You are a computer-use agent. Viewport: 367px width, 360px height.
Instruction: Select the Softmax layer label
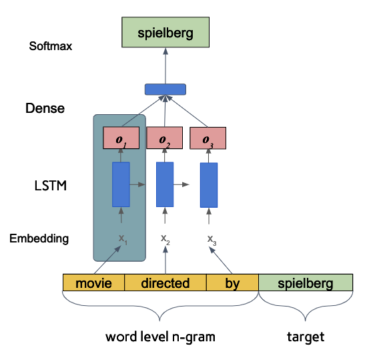[50, 47]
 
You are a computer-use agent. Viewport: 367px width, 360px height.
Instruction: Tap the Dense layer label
[45, 108]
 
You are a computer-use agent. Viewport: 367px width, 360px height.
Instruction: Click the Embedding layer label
[39, 238]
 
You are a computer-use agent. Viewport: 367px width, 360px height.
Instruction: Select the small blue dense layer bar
[165, 89]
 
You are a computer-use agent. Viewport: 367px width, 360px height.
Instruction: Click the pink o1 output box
[121, 138]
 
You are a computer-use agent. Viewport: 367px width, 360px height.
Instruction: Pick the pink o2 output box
[164, 138]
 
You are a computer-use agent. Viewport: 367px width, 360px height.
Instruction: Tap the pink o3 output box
[208, 138]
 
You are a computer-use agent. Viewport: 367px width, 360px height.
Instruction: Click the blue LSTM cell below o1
[121, 184]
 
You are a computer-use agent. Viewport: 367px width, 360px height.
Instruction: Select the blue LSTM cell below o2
[165, 184]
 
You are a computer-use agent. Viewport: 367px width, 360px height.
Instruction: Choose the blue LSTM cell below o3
[209, 184]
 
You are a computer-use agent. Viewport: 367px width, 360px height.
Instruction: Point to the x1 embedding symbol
[122, 238]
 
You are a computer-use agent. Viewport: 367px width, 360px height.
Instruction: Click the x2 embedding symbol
[165, 238]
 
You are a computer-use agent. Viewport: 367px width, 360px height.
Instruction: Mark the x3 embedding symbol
[211, 239]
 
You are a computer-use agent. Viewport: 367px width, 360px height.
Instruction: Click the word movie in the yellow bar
[93, 283]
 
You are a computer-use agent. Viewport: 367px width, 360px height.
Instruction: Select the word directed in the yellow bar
[165, 283]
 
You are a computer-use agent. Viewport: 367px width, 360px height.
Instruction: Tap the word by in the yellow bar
[232, 283]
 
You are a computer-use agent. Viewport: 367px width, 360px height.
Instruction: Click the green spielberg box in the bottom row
[305, 283]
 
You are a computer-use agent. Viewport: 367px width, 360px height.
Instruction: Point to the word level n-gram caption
[160, 337]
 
